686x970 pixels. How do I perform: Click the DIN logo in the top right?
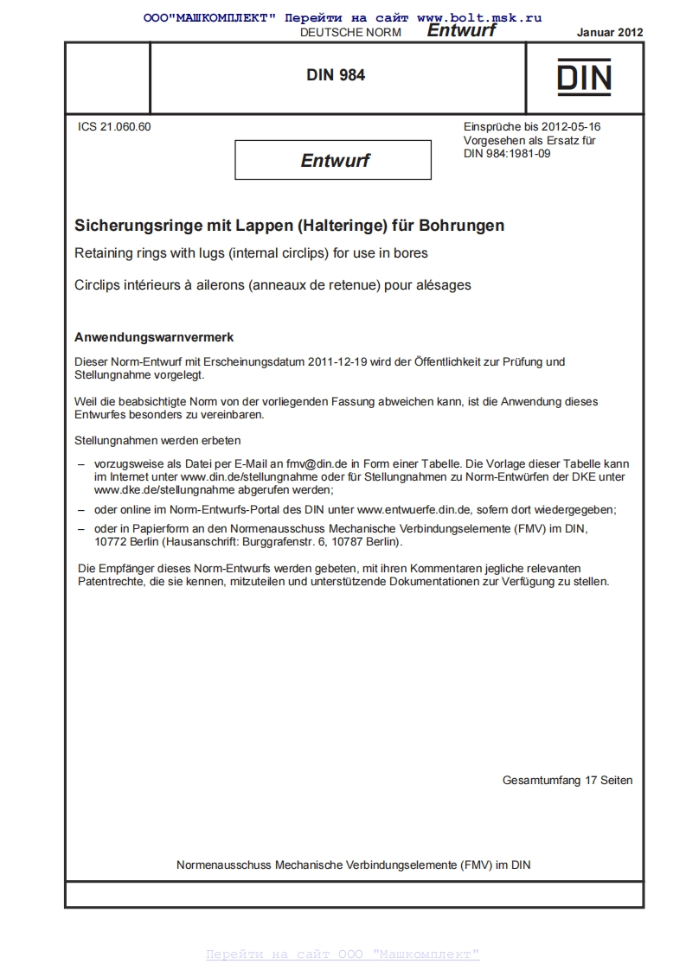(584, 76)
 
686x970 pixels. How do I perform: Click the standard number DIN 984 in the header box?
(336, 75)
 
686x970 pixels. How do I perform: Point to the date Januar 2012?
(610, 32)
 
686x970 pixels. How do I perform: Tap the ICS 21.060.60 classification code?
(114, 127)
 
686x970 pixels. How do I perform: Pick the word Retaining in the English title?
(102, 254)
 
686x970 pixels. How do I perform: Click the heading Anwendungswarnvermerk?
(154, 336)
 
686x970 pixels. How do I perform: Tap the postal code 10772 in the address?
(111, 542)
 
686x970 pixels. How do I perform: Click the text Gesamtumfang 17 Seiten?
(567, 780)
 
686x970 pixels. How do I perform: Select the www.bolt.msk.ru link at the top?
(479, 17)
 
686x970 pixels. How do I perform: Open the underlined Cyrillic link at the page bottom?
(343, 954)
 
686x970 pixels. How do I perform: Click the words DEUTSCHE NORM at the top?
(349, 32)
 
